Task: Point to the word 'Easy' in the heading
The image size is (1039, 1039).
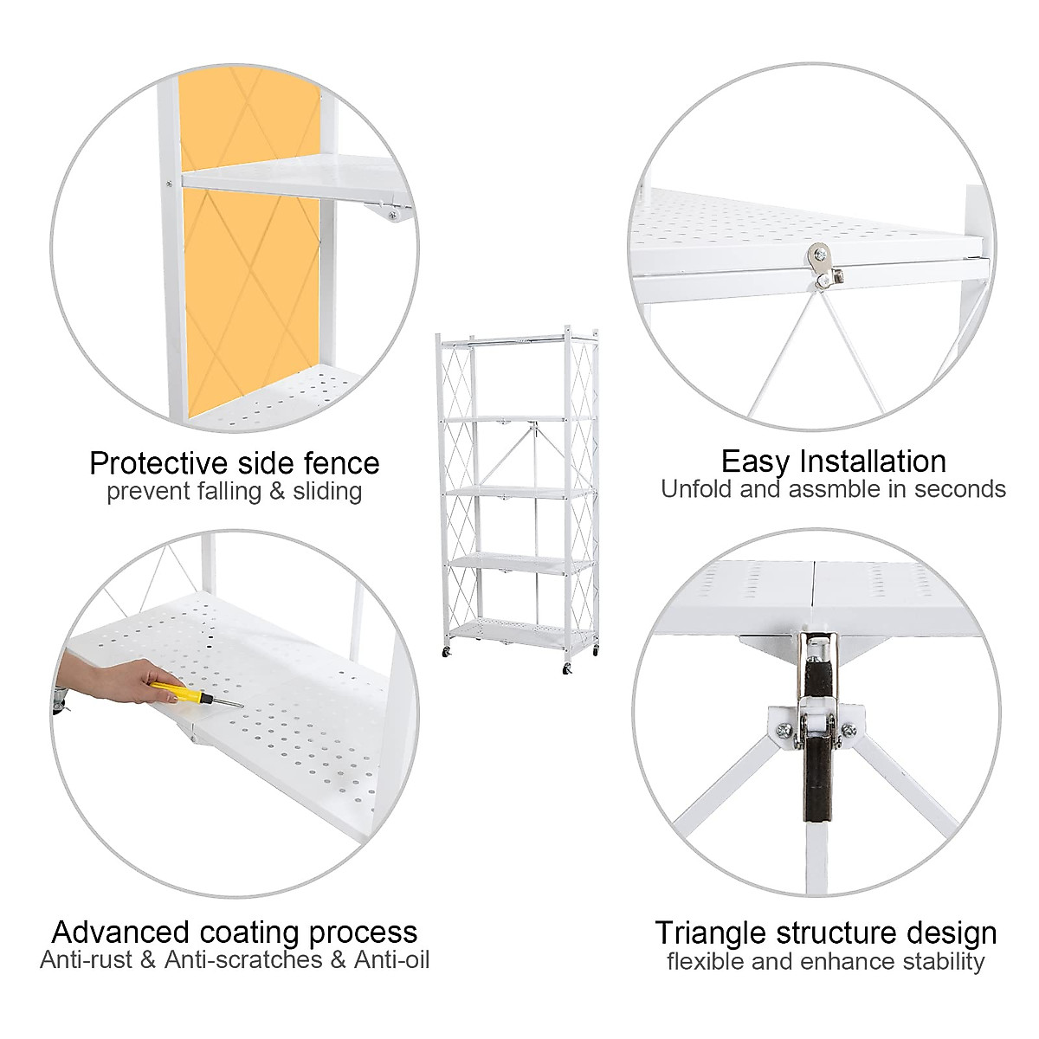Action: point(756,461)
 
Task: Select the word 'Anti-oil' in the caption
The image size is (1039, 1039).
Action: point(391,959)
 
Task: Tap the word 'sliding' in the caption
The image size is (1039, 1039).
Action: point(327,492)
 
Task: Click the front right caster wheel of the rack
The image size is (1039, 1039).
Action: point(568,668)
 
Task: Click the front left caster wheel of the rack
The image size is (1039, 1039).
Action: point(447,649)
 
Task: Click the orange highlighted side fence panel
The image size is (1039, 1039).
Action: point(251,286)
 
